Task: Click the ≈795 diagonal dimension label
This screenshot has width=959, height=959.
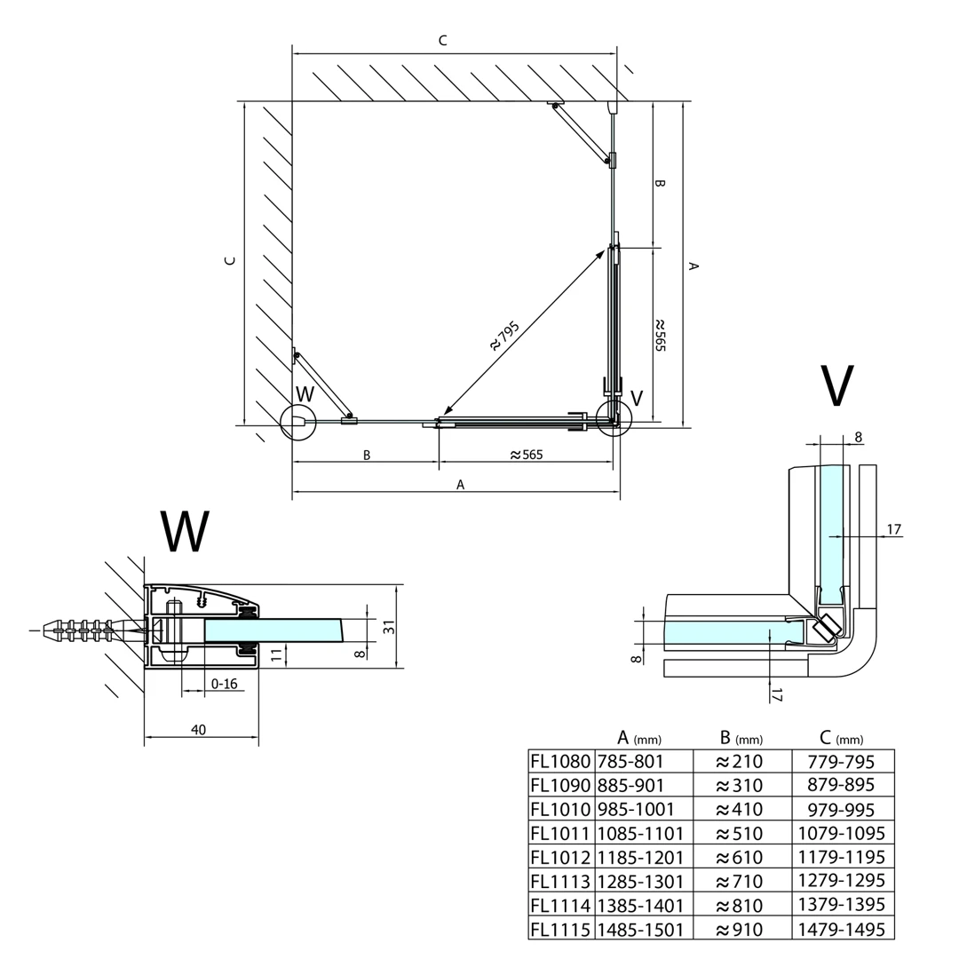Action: [x=503, y=336]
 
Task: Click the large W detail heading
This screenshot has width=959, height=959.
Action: [x=186, y=532]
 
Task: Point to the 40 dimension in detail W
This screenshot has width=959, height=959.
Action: [x=198, y=730]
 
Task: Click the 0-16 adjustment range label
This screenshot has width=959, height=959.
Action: [x=224, y=684]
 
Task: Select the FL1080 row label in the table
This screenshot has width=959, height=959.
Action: [x=559, y=761]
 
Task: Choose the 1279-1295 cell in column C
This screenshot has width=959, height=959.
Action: [x=842, y=882]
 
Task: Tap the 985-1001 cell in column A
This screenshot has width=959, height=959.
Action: [x=636, y=809]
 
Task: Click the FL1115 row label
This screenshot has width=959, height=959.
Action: [x=559, y=930]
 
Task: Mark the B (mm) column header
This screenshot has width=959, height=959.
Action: [x=741, y=738]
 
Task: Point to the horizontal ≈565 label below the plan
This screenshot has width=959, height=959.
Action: [x=526, y=455]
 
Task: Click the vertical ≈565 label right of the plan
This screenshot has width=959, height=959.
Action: [x=659, y=336]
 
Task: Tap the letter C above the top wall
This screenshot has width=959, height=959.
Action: [x=442, y=41]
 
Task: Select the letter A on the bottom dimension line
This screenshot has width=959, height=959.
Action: [x=460, y=485]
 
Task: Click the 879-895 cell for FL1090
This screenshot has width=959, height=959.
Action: [x=842, y=785]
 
